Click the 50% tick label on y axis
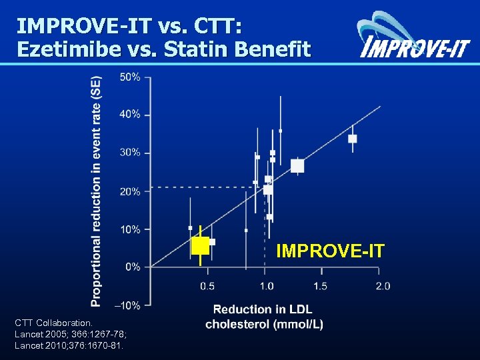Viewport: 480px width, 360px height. pyautogui.click(x=130, y=77)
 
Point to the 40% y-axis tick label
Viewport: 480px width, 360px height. pyautogui.click(x=130, y=115)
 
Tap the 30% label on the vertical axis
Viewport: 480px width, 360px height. pyautogui.click(x=130, y=153)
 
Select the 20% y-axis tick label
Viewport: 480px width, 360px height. pyautogui.click(x=130, y=191)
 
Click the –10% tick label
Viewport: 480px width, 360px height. pyautogui.click(x=129, y=305)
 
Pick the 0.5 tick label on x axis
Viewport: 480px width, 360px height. pyautogui.click(x=207, y=286)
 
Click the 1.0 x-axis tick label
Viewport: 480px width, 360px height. pyautogui.click(x=265, y=286)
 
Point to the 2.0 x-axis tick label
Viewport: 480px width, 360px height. pyautogui.click(x=382, y=286)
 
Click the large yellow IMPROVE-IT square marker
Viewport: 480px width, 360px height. pyautogui.click(x=200, y=245)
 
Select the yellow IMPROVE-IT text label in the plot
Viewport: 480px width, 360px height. pyautogui.click(x=330, y=251)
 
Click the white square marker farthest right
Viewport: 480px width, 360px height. pyautogui.click(x=353, y=139)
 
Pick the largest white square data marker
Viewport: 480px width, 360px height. pyautogui.click(x=297, y=166)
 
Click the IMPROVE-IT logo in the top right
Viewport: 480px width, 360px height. pyautogui.click(x=413, y=37)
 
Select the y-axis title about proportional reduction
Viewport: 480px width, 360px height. pyautogui.click(x=97, y=190)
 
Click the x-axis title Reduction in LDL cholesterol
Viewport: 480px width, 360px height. pyautogui.click(x=264, y=317)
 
